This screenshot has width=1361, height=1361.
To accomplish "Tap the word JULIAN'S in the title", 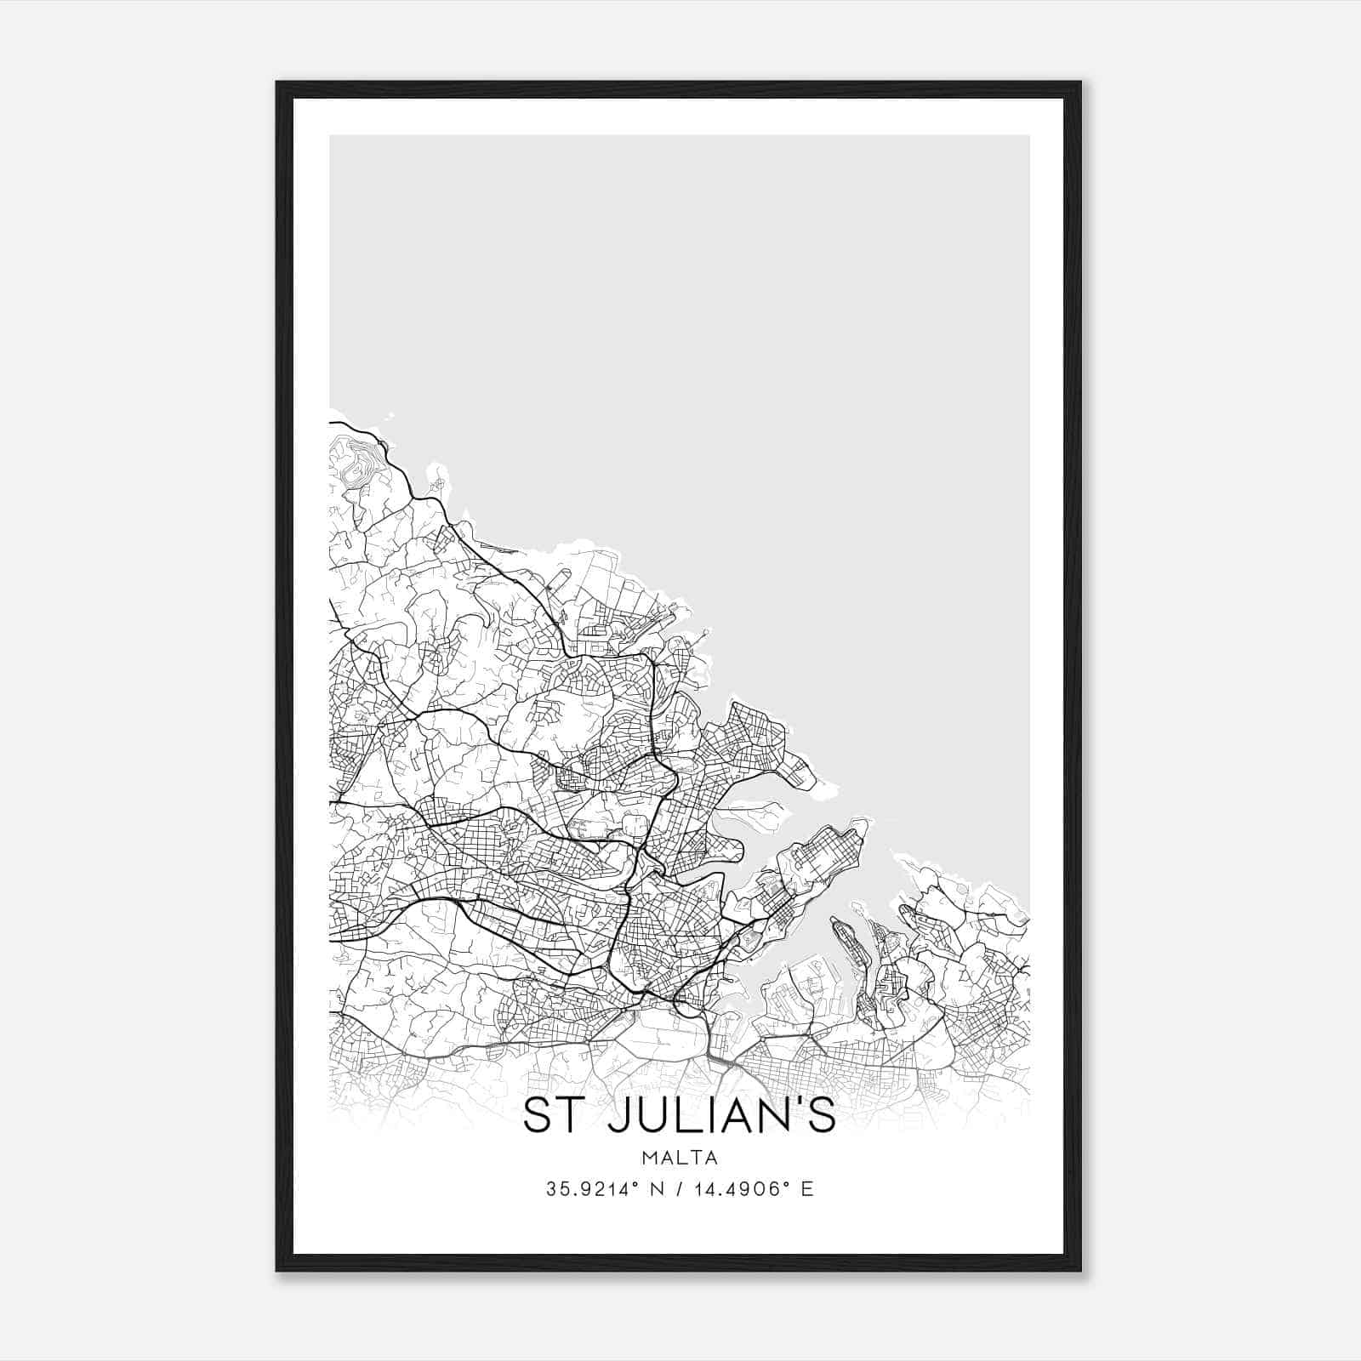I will pyautogui.click(x=717, y=1116).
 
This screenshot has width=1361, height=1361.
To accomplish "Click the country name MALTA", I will pyautogui.click(x=680, y=1158).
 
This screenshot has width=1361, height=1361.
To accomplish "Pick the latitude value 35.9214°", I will pyautogui.click(x=593, y=1188).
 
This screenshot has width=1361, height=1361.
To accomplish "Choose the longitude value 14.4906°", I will pyautogui.click(x=741, y=1188).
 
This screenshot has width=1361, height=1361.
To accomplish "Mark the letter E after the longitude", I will pyautogui.click(x=806, y=1188).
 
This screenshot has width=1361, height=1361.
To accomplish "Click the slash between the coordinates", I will pyautogui.click(x=680, y=1188).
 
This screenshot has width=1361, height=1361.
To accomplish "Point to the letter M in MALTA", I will pyautogui.click(x=649, y=1158).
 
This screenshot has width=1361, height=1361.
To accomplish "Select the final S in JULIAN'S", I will pyautogui.click(x=823, y=1117).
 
